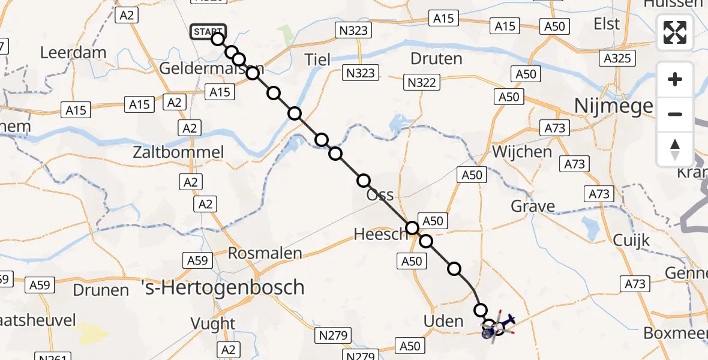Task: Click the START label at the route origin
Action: pos(208,32)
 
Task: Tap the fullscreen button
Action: pos(675,33)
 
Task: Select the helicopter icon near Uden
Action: pos(497,326)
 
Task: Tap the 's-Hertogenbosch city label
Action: pos(223,287)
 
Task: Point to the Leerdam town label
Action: pos(73,52)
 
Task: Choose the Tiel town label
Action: pos(318,59)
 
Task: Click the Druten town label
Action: pos(436,59)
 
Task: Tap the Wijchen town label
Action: pos(522,151)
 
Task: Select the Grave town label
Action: pos(533,206)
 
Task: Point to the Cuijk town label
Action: pos(631,240)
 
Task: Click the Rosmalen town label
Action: pos(265,253)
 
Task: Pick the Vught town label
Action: pos(213,323)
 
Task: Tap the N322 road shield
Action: pos(421,82)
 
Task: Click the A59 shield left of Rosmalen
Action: pos(197,260)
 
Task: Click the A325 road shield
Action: pos(617,59)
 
